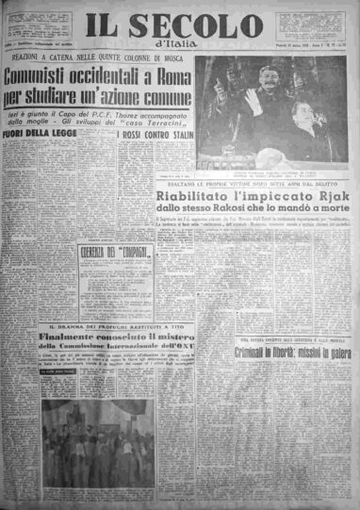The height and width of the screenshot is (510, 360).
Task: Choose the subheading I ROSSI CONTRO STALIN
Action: (149, 137)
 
